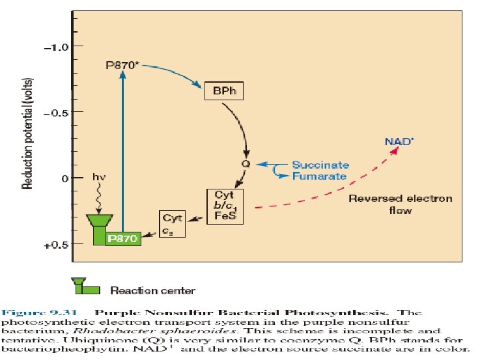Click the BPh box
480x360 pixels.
pyautogui.click(x=223, y=90)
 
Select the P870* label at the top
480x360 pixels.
pyautogui.click(x=122, y=65)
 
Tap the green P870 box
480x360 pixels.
pyautogui.click(x=124, y=238)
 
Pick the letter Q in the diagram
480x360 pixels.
pyautogui.click(x=246, y=164)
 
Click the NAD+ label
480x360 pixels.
pyautogui.click(x=397, y=141)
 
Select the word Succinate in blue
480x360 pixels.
pyautogui.click(x=320, y=165)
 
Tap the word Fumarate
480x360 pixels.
pyautogui.click(x=318, y=176)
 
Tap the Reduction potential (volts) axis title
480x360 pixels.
pyautogui.click(x=29, y=134)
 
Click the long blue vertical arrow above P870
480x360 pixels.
pyautogui.click(x=122, y=150)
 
